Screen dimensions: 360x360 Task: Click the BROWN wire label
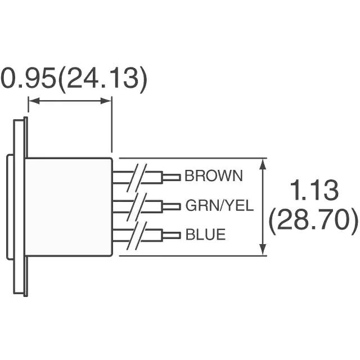[214, 176]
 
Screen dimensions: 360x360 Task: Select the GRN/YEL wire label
[219, 205]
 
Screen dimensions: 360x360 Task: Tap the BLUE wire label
[205, 235]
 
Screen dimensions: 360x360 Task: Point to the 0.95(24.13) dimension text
[74, 78]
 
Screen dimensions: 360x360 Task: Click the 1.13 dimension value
[314, 190]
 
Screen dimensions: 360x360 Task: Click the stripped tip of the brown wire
[172, 177]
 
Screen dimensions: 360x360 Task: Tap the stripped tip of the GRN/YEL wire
[172, 206]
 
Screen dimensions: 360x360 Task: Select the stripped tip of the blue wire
[172, 235]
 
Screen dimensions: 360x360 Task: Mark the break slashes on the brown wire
[137, 178]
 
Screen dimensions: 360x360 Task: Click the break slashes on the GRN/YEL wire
[137, 206]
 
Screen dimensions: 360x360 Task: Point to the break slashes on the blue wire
[137, 236]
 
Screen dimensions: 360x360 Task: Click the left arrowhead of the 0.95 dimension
[34, 101]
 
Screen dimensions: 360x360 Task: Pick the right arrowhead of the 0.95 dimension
[106, 101]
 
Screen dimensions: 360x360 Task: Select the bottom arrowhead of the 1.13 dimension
[263, 250]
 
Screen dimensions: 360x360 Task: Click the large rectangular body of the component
[69, 207]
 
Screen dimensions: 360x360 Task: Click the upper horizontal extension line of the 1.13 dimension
[193, 158]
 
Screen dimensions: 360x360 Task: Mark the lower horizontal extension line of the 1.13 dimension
[193, 255]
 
